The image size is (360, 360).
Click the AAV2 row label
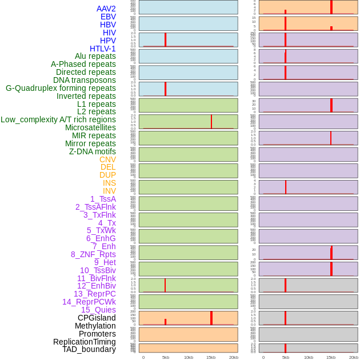(x=106, y=9)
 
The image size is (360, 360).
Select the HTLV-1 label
(x=102, y=49)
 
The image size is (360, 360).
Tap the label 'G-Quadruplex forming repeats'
(x=61, y=88)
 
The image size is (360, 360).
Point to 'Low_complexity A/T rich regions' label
(x=58, y=119)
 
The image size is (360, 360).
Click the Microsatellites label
(x=90, y=127)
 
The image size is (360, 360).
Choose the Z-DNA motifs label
(x=93, y=151)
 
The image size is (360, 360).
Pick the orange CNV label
(x=107, y=159)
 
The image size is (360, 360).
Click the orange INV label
(x=109, y=191)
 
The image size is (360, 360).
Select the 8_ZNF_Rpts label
(x=93, y=254)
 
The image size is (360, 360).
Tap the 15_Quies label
(x=98, y=310)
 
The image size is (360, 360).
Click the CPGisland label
(x=97, y=318)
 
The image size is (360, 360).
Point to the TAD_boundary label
(x=89, y=349)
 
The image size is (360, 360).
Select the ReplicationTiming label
(x=85, y=342)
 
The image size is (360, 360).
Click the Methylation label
(x=95, y=326)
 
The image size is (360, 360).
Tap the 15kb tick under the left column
(x=211, y=357)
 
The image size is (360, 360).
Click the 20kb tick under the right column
(x=354, y=357)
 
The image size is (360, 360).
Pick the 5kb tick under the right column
(x=286, y=357)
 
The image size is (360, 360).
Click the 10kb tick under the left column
(x=189, y=357)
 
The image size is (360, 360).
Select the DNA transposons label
(x=85, y=80)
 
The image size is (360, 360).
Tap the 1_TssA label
(x=103, y=199)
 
